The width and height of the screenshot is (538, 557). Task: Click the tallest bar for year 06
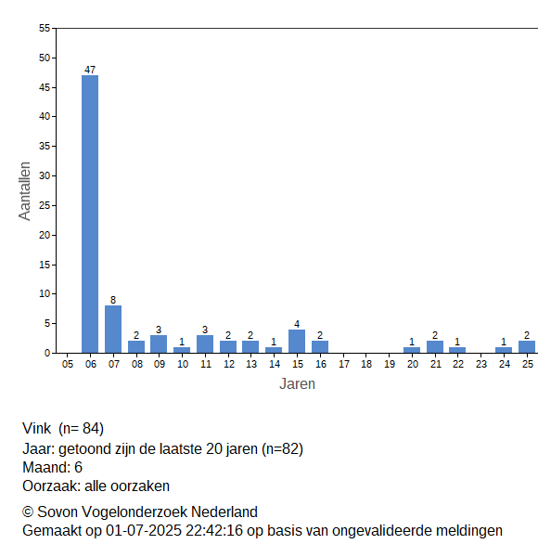click(90, 214)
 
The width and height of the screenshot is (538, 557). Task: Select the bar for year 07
click(113, 330)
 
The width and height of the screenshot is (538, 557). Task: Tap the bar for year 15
click(297, 342)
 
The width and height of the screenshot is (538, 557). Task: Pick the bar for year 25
click(527, 347)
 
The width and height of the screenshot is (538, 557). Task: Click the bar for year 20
click(412, 350)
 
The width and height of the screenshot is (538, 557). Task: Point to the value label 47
click(90, 70)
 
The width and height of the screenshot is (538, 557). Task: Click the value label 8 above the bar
click(113, 300)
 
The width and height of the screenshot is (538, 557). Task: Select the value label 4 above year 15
click(297, 324)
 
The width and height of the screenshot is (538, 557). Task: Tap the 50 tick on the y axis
click(45, 58)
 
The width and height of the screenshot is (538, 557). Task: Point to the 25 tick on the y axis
click(45, 205)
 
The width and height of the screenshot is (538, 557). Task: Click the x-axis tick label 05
click(68, 364)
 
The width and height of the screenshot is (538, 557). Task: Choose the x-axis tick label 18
click(366, 364)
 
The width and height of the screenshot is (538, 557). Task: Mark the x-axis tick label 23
click(481, 364)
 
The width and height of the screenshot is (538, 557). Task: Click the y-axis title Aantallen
click(25, 191)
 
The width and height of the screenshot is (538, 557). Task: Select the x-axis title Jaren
click(297, 384)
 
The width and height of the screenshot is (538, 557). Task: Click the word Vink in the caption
click(36, 428)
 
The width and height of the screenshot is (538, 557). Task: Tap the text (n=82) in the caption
click(283, 449)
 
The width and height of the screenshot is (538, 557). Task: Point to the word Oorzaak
click(51, 486)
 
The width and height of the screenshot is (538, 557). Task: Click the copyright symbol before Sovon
click(28, 512)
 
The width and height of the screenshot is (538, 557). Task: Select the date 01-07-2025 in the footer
click(144, 531)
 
